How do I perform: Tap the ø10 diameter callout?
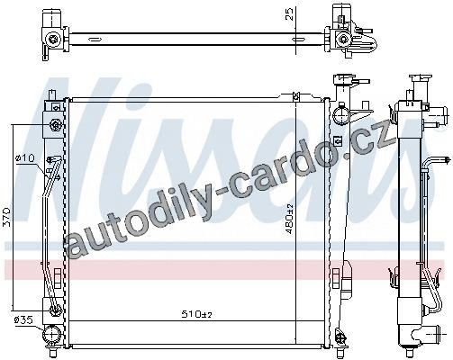coord(25,157)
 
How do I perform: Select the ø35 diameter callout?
coord(23,320)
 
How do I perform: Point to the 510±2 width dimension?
coord(197,314)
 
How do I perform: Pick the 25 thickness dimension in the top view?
coord(289,13)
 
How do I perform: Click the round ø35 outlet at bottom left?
coord(52,335)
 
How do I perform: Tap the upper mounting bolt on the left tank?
coord(56,125)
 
